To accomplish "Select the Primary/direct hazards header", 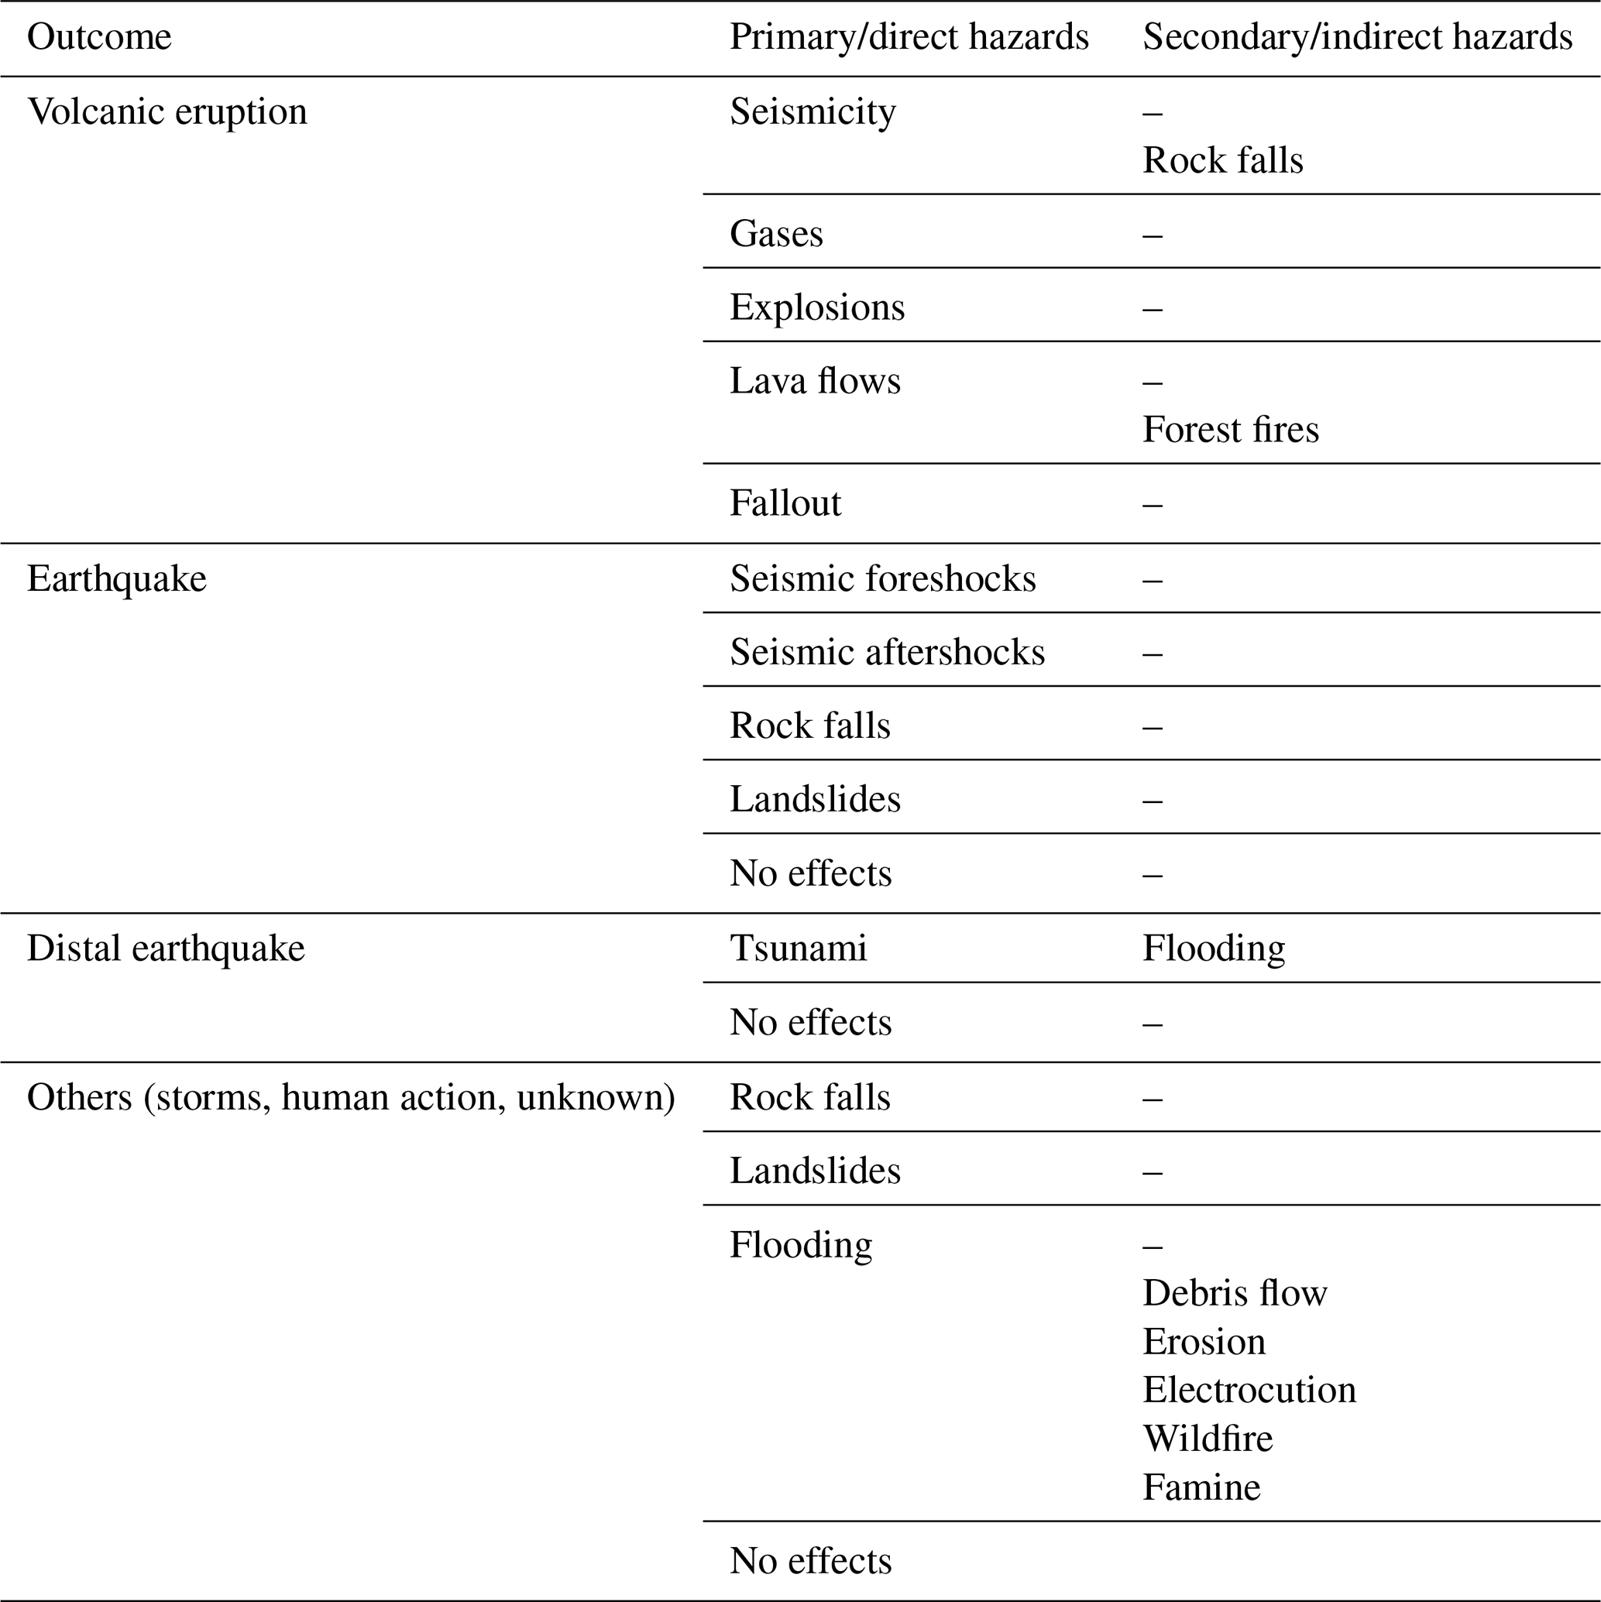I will [909, 37].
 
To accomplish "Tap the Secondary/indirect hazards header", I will [1357, 37].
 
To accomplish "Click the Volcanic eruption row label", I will [167, 112].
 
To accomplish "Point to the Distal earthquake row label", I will [166, 948].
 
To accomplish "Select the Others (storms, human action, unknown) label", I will [351, 1097].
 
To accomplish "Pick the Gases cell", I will [775, 234].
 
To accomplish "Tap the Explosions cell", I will [816, 307].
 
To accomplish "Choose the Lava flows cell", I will [815, 382].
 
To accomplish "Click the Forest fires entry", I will [1230, 430].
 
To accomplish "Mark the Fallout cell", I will [785, 503].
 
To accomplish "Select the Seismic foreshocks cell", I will [883, 578].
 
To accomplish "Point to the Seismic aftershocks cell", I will [887, 653].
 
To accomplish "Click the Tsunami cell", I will [798, 948].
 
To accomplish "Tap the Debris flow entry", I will [1235, 1293].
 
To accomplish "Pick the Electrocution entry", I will [1249, 1390].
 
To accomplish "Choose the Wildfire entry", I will [1207, 1439].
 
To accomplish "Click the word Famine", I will [1201, 1487].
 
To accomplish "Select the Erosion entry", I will [1204, 1342].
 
